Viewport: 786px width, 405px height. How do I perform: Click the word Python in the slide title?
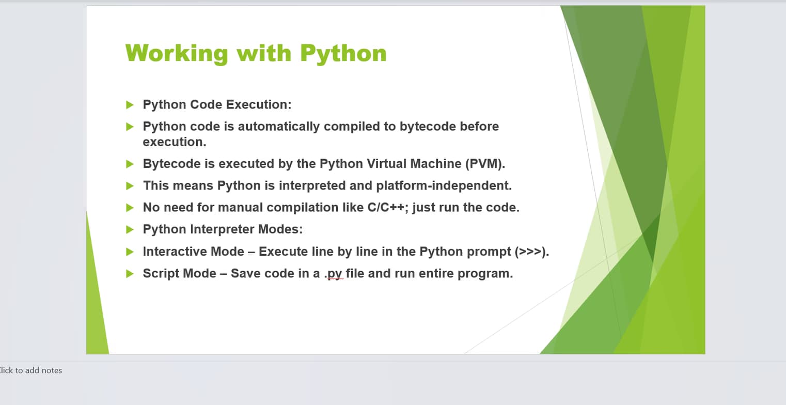tap(343, 53)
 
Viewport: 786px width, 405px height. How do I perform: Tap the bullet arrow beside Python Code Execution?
tap(130, 105)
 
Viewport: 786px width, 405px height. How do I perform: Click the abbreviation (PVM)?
tap(485, 164)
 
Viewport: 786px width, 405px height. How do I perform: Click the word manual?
tap(238, 208)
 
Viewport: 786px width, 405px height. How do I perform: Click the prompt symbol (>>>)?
tap(531, 252)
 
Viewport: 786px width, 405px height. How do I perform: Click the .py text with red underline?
tap(334, 274)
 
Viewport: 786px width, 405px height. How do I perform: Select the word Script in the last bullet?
tap(160, 274)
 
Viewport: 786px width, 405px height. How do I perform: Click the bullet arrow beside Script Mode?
tap(130, 274)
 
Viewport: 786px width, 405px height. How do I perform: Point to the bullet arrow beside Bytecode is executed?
tap(130, 164)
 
